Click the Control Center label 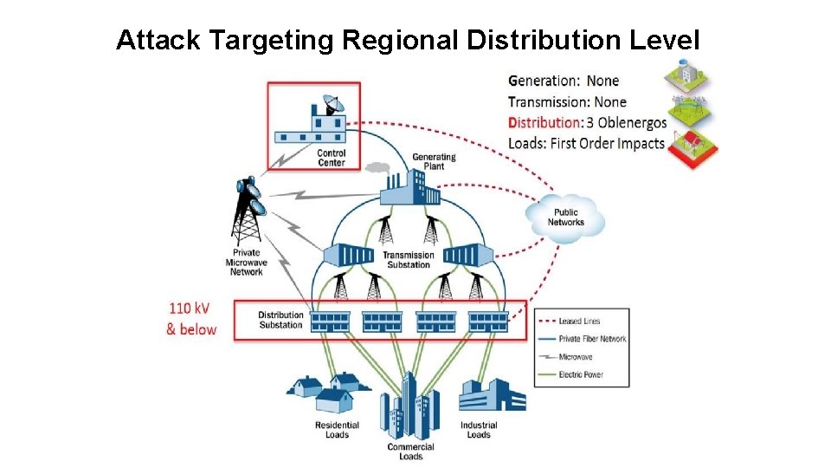(332, 158)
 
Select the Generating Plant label (434, 161)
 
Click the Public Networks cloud (565, 217)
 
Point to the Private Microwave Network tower (248, 211)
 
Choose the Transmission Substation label (409, 260)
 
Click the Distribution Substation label (280, 320)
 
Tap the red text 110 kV (189, 308)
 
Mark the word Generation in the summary (543, 81)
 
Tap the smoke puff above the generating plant (378, 166)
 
